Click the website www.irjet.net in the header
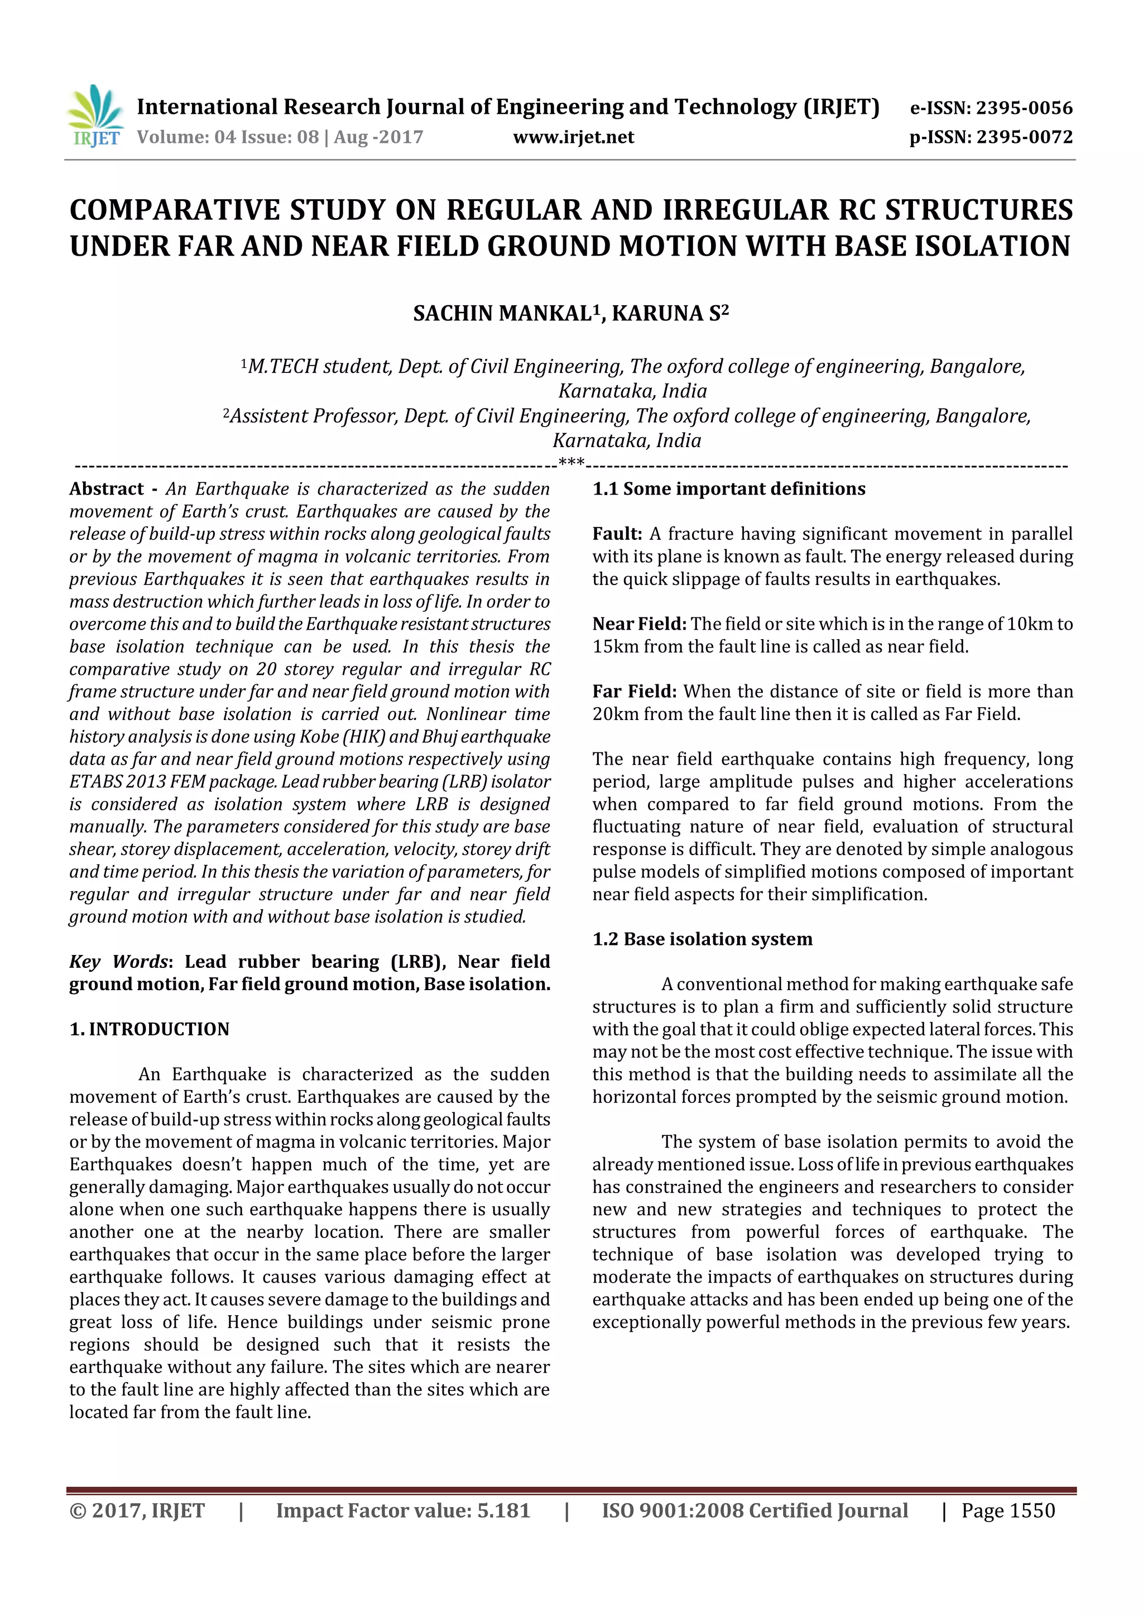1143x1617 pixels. (x=573, y=137)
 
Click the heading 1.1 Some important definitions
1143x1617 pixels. (x=729, y=489)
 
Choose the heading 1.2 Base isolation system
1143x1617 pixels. (x=702, y=939)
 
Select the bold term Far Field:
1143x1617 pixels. (x=634, y=692)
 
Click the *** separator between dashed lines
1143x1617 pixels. (x=571, y=463)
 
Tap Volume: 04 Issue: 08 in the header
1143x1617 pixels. (x=228, y=137)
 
